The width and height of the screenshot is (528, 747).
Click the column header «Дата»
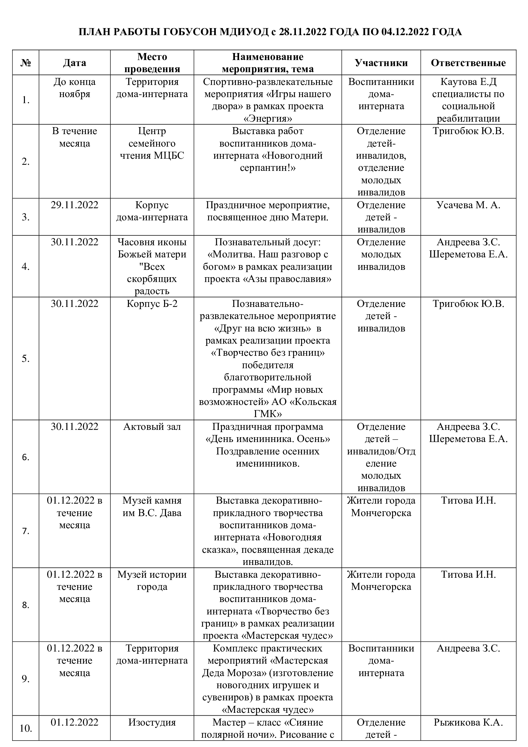[74, 63]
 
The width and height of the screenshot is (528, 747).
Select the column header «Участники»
[381, 63]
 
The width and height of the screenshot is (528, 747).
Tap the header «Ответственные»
[468, 63]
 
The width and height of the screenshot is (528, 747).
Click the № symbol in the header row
[26, 63]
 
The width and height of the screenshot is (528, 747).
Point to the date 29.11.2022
[74, 205]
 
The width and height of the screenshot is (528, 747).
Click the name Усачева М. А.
[468, 205]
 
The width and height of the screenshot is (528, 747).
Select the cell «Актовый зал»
[152, 427]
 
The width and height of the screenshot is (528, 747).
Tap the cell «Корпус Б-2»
[152, 303]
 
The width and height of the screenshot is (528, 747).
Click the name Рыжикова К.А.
[468, 722]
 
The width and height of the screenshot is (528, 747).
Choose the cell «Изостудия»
[152, 722]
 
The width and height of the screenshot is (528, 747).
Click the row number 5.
[26, 359]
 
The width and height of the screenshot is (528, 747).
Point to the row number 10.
[26, 728]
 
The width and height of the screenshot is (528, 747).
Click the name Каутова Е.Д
[468, 82]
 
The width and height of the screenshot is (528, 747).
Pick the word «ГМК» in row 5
[268, 414]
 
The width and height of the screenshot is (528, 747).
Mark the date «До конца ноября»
[74, 88]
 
